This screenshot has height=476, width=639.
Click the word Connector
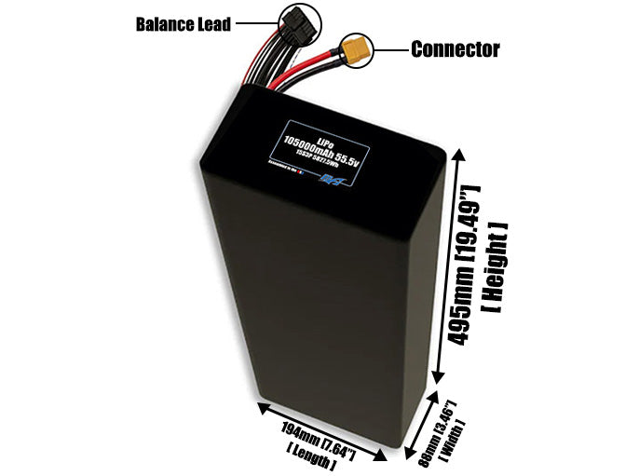[x=455, y=49]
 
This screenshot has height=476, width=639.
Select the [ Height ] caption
[x=496, y=269]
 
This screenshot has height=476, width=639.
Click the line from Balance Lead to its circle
[x=254, y=22]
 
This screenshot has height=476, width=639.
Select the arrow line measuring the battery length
[x=321, y=432]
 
